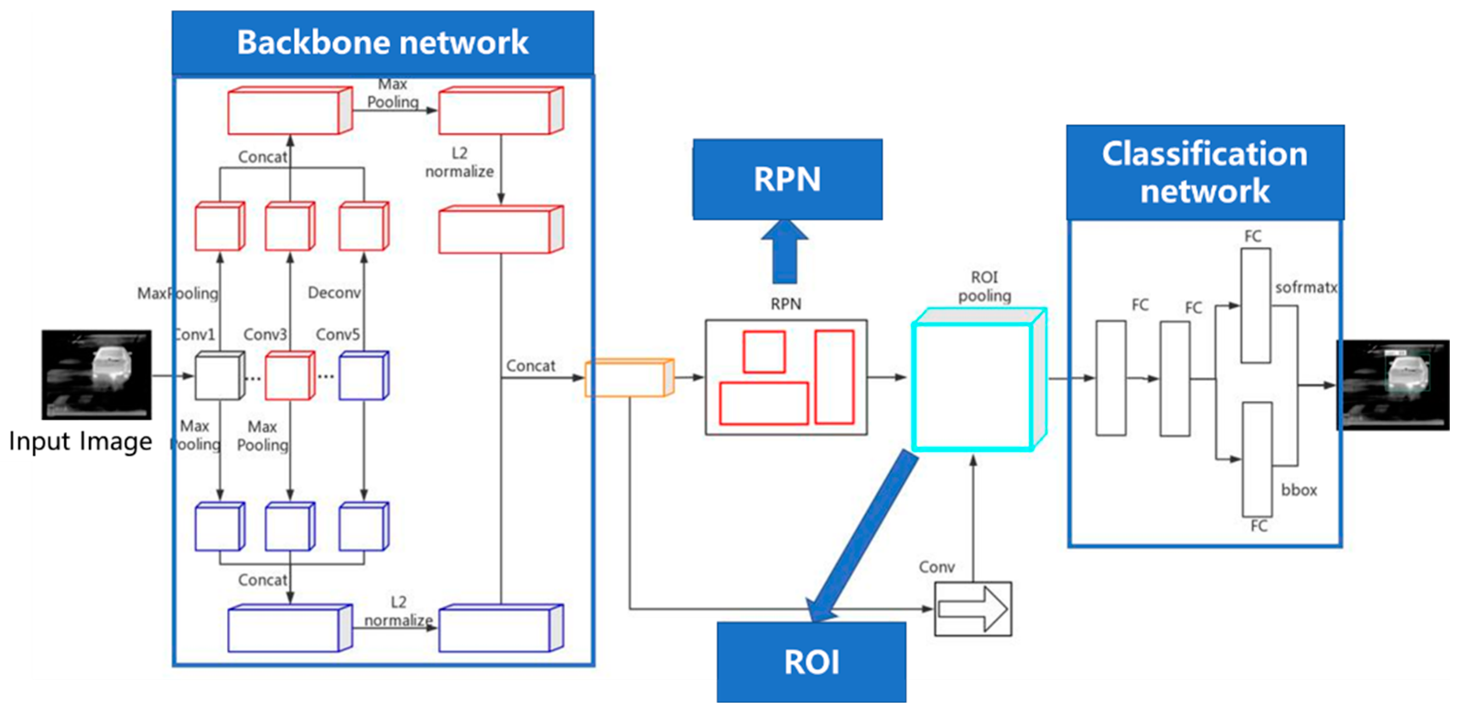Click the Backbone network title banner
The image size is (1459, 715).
click(383, 43)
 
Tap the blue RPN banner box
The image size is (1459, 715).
click(787, 179)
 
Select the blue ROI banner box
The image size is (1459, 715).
click(811, 662)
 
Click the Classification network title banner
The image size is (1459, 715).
click(1205, 172)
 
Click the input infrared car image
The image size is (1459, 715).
click(96, 374)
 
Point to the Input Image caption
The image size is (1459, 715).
click(81, 441)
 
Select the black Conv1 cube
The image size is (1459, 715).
click(218, 377)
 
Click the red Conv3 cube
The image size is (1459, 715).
click(289, 377)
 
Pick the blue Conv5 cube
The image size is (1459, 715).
click(362, 377)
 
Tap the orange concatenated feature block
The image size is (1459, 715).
click(628, 378)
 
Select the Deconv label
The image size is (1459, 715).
click(334, 293)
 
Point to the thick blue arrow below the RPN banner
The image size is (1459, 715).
click(785, 252)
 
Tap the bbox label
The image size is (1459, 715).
click(1299, 490)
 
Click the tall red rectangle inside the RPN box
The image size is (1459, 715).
click(834, 377)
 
